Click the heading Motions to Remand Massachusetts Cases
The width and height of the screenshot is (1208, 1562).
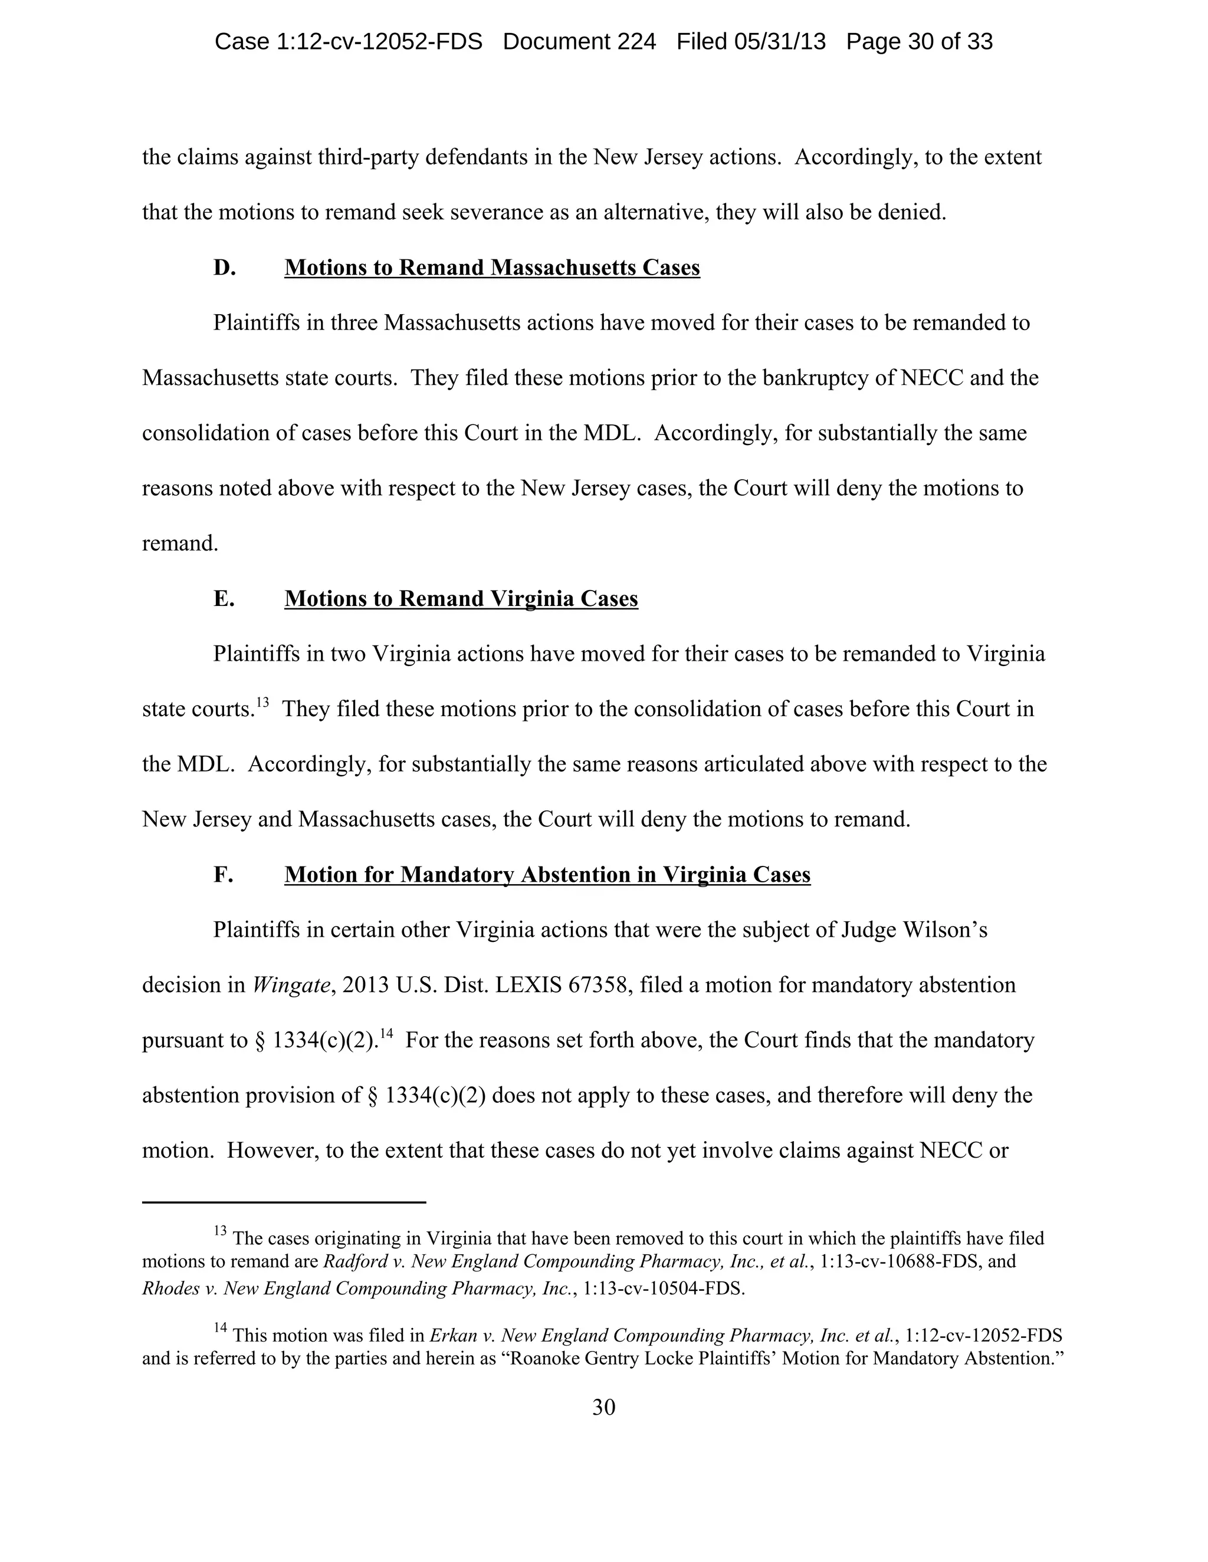492,268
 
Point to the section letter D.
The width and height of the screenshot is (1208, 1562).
224,268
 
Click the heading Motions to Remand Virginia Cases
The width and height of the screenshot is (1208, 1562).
461,599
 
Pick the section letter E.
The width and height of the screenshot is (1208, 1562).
224,599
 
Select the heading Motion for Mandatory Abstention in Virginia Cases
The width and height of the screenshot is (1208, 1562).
547,875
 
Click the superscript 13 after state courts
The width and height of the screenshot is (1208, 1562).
262,703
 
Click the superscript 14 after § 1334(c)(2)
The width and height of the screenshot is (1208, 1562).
386,1033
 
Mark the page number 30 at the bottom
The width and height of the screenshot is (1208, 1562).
603,1408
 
